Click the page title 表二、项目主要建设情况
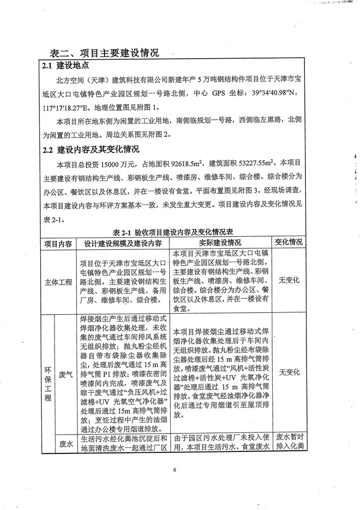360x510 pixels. click(x=105, y=53)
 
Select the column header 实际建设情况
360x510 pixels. click(x=220, y=243)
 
